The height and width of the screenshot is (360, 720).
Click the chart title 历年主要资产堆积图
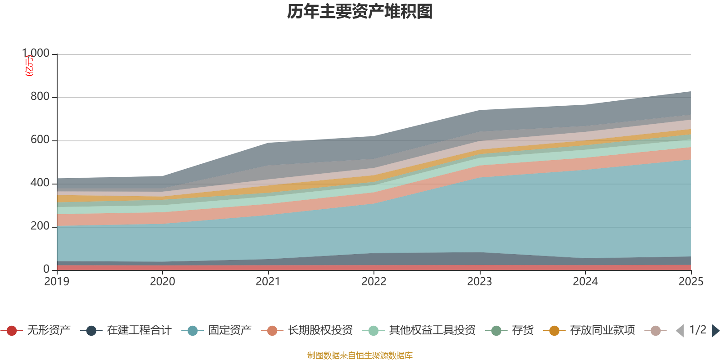point(360,12)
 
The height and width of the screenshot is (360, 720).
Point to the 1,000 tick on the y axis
point(36,54)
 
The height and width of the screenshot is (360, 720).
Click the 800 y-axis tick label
point(40,97)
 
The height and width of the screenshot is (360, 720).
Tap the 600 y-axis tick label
point(40,140)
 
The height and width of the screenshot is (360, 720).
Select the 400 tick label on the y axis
point(40,183)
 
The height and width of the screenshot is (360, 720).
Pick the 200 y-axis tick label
point(40,226)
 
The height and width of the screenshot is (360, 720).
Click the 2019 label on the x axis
point(57,282)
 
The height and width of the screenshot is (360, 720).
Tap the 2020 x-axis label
point(162,282)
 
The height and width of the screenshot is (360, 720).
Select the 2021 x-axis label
point(268,282)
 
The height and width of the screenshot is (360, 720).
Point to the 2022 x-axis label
point(374,282)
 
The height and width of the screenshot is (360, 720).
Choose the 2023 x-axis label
point(480,282)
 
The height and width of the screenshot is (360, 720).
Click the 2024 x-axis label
point(585,282)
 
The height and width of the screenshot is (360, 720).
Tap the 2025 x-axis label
point(691,282)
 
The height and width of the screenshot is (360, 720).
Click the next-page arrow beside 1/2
point(715,331)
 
